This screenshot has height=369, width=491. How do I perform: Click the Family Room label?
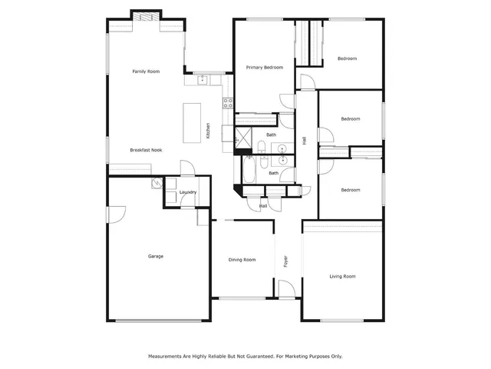click(145, 71)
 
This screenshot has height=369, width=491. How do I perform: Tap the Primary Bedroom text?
click(264, 68)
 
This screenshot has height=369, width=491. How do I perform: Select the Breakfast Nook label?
click(145, 150)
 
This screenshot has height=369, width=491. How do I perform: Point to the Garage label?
click(156, 256)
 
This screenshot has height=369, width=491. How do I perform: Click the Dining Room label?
click(242, 260)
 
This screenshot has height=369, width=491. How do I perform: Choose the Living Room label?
click(342, 276)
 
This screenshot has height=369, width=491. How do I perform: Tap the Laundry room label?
click(188, 192)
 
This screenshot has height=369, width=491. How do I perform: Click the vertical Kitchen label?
click(208, 131)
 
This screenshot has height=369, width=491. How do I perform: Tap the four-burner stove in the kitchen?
click(228, 101)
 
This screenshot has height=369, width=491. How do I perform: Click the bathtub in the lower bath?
click(252, 166)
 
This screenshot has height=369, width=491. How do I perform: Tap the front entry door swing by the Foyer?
click(285, 290)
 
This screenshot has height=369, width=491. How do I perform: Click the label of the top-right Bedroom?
click(348, 58)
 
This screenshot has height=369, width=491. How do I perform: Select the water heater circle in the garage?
click(157, 182)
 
